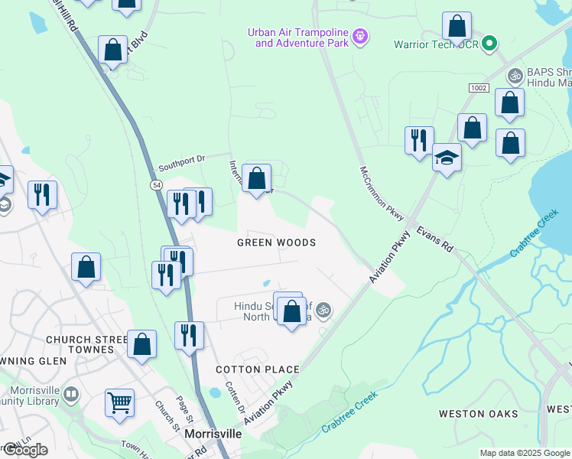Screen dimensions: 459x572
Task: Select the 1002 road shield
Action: pyautogui.click(x=479, y=90)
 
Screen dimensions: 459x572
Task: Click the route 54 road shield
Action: pyautogui.click(x=157, y=185)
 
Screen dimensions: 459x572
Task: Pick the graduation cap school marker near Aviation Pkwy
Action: pyautogui.click(x=447, y=158)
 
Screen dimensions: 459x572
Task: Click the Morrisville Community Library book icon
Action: pyautogui.click(x=70, y=395)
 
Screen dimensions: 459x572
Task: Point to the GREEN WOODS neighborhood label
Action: pyautogui.click(x=276, y=243)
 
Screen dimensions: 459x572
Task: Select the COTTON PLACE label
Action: pyautogui.click(x=257, y=369)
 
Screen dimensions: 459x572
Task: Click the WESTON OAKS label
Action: pyautogui.click(x=478, y=414)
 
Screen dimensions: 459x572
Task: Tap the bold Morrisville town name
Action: pyautogui.click(x=213, y=434)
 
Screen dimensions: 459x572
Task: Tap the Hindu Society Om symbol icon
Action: pyautogui.click(x=323, y=310)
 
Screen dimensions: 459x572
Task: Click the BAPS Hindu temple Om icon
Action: pyautogui.click(x=515, y=76)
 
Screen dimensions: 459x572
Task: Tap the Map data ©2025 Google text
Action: pyautogui.click(x=525, y=453)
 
